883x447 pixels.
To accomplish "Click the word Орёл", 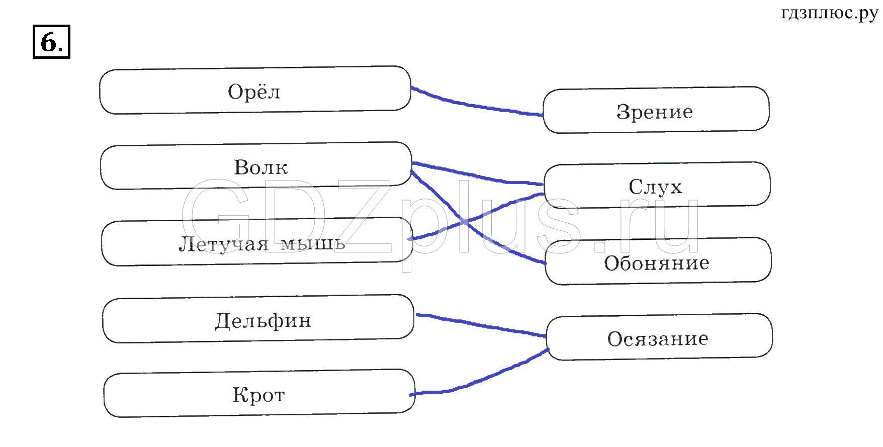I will click(x=254, y=92).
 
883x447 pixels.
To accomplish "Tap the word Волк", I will click(x=261, y=167).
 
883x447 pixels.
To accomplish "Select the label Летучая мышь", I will click(x=262, y=244).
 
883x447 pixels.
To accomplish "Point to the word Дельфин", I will click(x=263, y=321).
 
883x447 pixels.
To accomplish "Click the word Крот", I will click(x=258, y=395).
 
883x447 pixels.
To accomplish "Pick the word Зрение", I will click(x=655, y=112).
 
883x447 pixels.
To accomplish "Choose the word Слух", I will click(x=655, y=187).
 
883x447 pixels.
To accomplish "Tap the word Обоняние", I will click(x=657, y=263).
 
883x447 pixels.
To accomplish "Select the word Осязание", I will click(x=658, y=339).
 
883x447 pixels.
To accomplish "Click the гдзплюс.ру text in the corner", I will click(x=829, y=14).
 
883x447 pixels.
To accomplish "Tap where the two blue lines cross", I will click(x=464, y=221).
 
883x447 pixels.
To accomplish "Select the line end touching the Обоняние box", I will click(x=544, y=262).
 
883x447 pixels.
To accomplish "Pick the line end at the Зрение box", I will click(x=542, y=115).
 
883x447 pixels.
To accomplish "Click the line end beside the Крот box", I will click(x=412, y=394).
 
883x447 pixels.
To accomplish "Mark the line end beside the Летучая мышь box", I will click(x=410, y=239).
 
